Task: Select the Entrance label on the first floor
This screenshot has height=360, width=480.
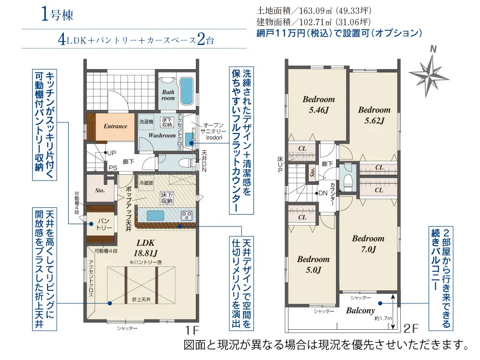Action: [116, 126]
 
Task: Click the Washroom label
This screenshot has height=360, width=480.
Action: [162, 136]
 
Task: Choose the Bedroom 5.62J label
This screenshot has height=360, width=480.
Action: [374, 115]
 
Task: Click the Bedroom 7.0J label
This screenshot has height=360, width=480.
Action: [368, 243]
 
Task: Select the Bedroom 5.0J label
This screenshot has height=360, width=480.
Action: [313, 264]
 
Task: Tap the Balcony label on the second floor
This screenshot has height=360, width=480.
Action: [360, 311]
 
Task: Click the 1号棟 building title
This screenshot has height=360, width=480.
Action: [57, 14]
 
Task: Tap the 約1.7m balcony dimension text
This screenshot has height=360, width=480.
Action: [383, 318]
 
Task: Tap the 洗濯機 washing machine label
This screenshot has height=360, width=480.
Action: [146, 122]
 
